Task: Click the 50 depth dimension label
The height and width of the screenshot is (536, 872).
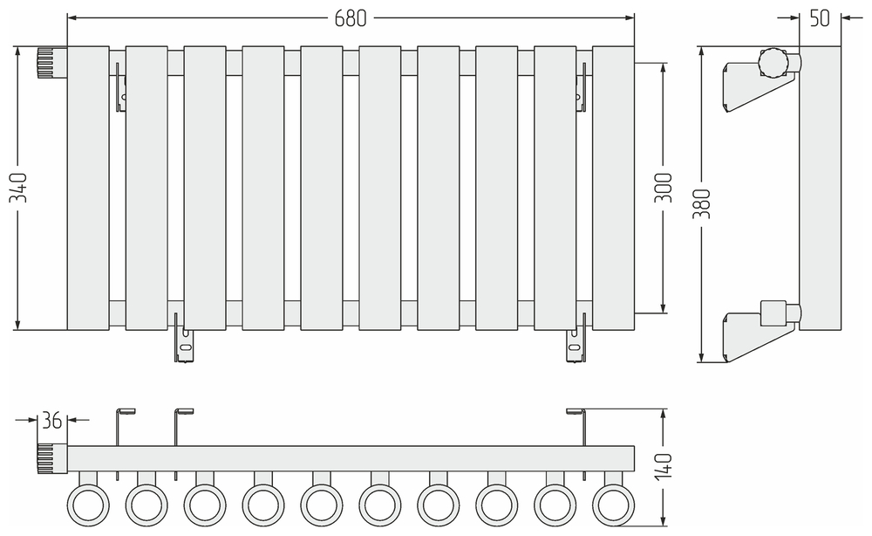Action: pos(820,18)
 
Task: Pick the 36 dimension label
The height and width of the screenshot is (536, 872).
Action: pos(52,420)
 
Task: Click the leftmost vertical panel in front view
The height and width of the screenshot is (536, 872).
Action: pos(88,188)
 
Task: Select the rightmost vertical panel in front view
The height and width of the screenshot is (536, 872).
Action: pos(613,188)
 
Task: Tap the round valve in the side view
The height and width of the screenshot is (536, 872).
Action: pos(773,63)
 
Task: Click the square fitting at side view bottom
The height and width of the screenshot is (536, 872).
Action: pos(773,312)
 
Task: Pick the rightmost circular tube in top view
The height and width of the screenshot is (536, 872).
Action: pos(613,504)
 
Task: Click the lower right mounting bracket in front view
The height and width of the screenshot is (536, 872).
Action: pos(573,342)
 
